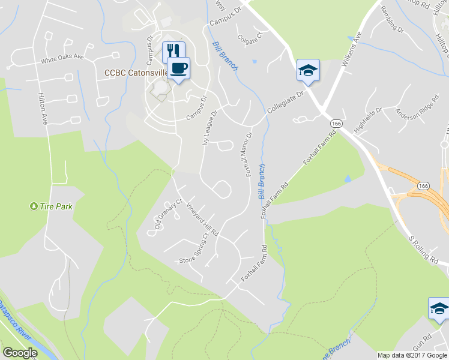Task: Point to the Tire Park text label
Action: [x=56, y=206]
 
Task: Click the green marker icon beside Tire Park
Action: [x=33, y=206]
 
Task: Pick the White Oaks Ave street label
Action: [x=62, y=61]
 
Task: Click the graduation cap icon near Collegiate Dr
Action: [x=308, y=70]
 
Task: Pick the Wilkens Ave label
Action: [x=351, y=53]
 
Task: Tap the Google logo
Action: [x=20, y=353]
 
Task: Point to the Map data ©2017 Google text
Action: [x=412, y=355]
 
